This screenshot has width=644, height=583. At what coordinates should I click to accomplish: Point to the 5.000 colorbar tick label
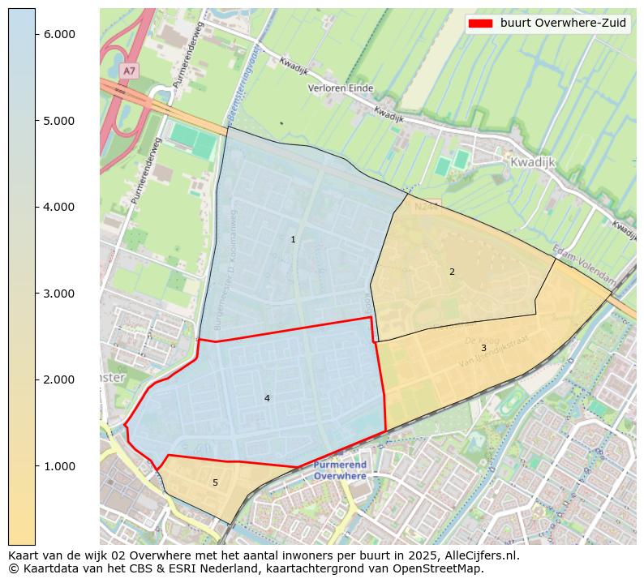pyautogui.click(x=58, y=121)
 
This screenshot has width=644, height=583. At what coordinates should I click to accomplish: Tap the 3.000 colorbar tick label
pyautogui.click(x=58, y=294)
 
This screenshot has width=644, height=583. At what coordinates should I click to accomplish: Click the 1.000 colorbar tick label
pyautogui.click(x=58, y=466)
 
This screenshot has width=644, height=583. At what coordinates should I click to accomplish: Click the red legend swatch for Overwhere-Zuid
pyautogui.click(x=480, y=24)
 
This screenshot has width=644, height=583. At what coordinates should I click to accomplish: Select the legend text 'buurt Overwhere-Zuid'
pyautogui.click(x=563, y=24)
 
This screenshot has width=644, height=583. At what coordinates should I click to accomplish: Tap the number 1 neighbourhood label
pyautogui.click(x=293, y=240)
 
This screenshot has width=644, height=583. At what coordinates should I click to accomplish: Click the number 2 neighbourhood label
pyautogui.click(x=452, y=272)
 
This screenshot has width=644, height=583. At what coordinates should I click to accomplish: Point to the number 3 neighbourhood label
pyautogui.click(x=483, y=349)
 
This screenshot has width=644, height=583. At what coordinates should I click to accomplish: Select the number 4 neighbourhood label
pyautogui.click(x=267, y=399)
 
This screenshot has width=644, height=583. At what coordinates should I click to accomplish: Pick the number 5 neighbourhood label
pyautogui.click(x=215, y=483)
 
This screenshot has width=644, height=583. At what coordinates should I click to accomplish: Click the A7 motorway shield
pyautogui.click(x=128, y=71)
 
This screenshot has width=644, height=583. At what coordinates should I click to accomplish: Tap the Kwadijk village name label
pyautogui.click(x=532, y=162)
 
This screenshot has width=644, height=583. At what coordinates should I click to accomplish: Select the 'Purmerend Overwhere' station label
pyautogui.click(x=340, y=470)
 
